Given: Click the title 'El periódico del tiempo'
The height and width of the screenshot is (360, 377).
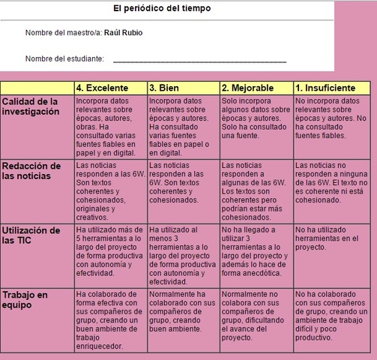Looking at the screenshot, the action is pos(162,8).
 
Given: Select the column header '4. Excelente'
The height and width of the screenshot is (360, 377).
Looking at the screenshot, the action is pos(109,88).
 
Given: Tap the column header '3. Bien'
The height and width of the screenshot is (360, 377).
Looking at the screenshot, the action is pos(182,88).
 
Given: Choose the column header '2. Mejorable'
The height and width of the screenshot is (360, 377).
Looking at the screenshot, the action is pos(256,88).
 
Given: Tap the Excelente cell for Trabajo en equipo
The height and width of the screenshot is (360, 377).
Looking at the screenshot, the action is pos(109,319).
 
